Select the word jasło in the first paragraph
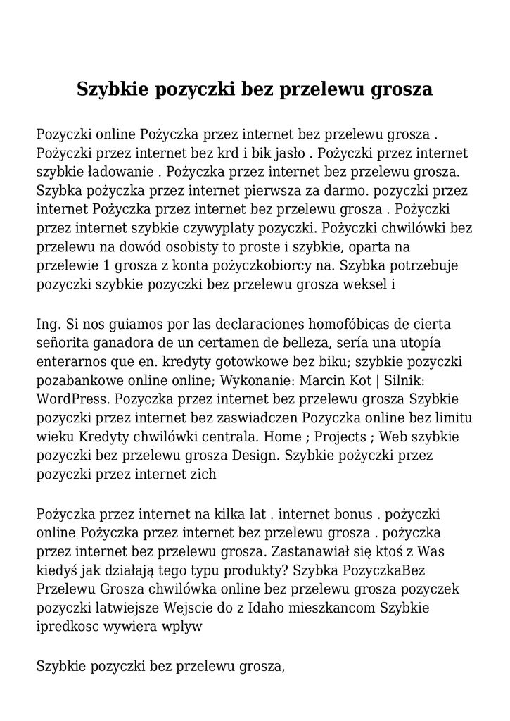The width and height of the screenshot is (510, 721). tap(286, 153)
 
